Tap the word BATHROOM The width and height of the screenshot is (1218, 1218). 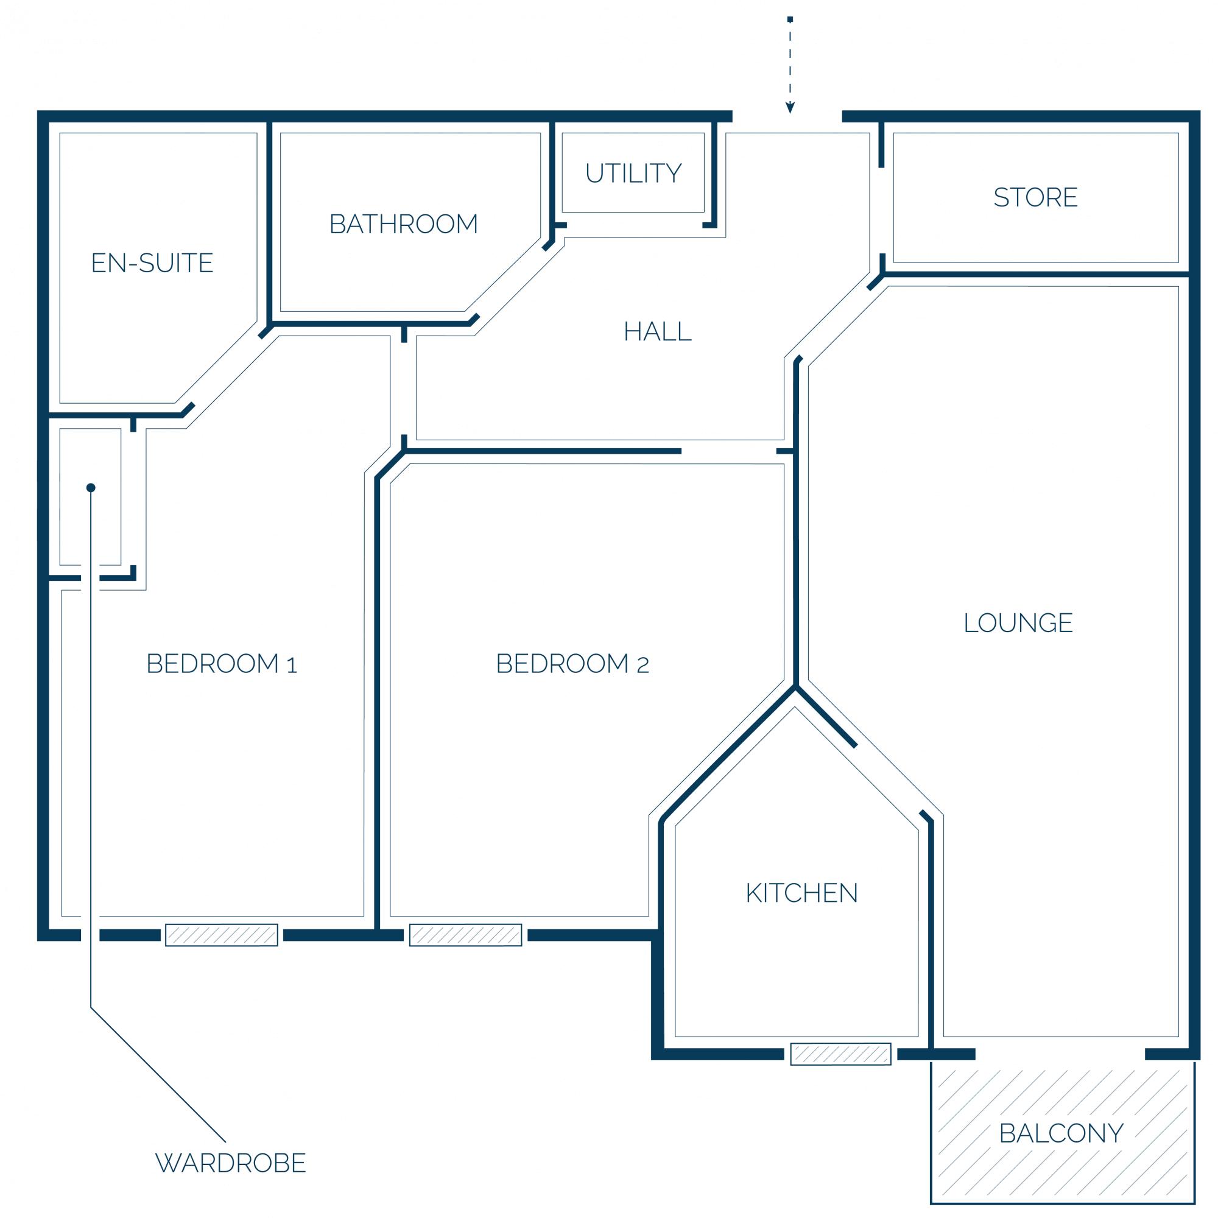pos(404,224)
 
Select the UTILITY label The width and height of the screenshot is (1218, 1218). pos(633,174)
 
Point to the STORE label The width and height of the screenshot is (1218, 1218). pos(1035,197)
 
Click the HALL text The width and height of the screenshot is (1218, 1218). pos(658,332)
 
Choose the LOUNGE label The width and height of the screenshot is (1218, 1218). pos(1018,623)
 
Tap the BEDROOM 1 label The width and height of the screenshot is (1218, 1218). pos(221,664)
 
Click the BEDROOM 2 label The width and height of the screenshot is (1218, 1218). pos(572,664)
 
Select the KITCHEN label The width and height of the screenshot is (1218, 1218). pos(801,893)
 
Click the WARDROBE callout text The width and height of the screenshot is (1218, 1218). pos(231,1163)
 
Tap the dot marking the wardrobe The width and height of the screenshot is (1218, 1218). pos(91,487)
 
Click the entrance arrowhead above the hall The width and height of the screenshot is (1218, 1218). pos(790,108)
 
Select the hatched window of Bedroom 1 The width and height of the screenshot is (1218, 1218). pos(221,935)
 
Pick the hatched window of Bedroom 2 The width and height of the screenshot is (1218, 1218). pos(465,935)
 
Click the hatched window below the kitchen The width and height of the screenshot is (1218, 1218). pos(840,1054)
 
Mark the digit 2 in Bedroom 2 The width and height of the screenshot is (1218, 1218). pos(642,665)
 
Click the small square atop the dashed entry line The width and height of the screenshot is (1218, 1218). pos(790,19)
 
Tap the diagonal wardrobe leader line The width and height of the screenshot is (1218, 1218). pos(158,1075)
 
